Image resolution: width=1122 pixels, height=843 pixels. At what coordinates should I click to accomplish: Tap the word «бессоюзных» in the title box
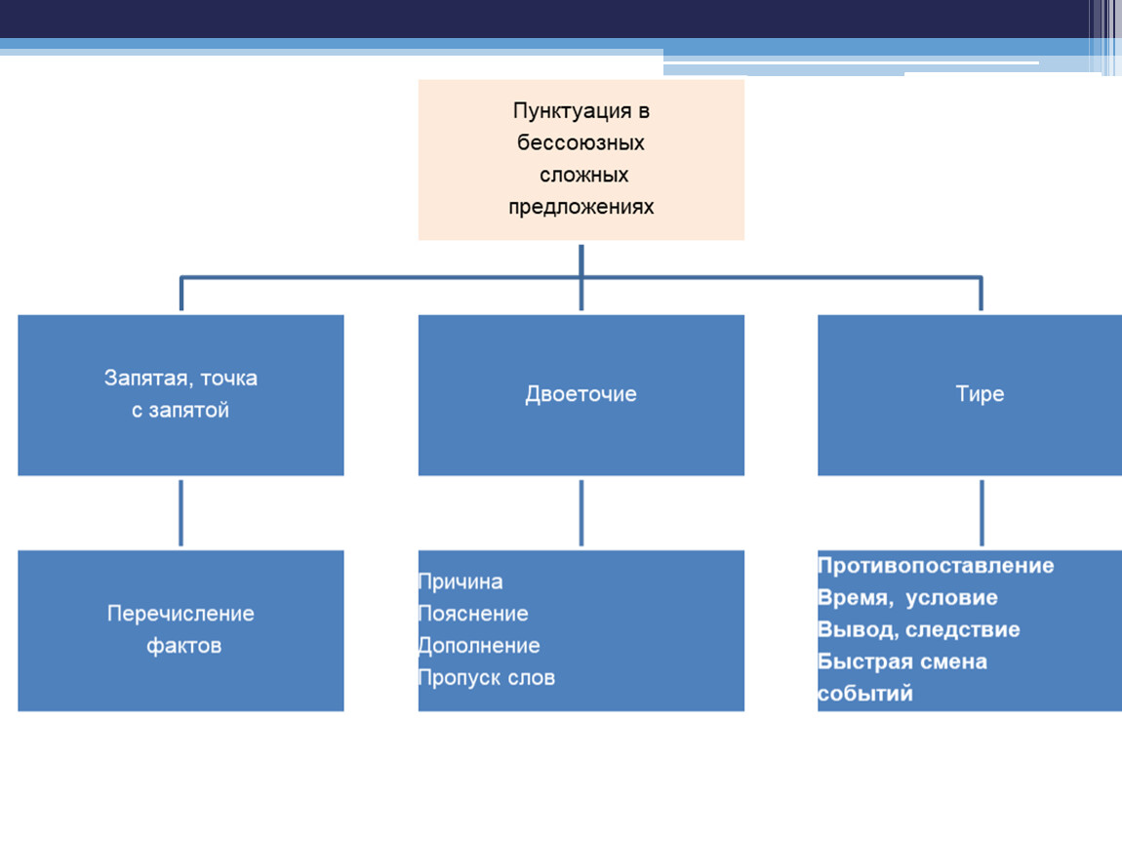(581, 143)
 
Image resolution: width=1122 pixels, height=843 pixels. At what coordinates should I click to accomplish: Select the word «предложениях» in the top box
(581, 208)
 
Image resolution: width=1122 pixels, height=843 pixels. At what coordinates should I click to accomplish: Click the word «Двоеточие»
(581, 394)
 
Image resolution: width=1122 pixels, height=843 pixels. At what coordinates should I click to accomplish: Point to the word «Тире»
(980, 394)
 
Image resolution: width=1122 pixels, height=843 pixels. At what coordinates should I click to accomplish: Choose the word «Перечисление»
(180, 614)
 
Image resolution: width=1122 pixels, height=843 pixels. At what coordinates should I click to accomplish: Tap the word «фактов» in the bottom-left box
(183, 646)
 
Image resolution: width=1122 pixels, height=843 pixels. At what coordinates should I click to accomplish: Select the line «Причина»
(461, 582)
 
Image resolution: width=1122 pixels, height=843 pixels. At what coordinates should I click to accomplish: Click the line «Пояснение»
(473, 615)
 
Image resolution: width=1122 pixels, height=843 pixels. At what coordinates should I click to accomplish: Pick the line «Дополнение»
(479, 646)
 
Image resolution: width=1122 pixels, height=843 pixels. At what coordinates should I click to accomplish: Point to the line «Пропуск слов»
(487, 678)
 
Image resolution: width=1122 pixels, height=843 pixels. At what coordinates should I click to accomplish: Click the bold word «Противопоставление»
(936, 566)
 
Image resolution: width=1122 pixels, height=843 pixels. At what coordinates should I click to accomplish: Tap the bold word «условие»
(951, 598)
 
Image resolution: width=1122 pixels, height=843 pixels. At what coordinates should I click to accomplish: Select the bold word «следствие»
(965, 630)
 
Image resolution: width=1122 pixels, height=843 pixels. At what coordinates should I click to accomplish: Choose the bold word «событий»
(865, 694)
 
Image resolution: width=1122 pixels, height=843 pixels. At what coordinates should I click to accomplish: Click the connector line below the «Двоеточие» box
(581, 512)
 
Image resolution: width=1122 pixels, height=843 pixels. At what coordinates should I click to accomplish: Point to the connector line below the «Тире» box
(981, 512)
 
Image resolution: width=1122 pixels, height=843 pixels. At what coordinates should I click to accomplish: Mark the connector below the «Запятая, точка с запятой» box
(181, 512)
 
